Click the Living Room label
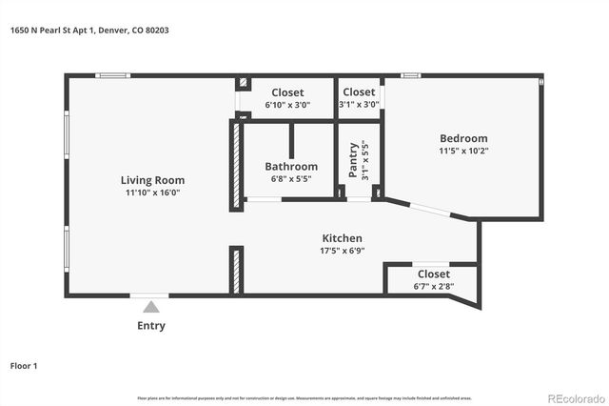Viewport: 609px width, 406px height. [152, 180]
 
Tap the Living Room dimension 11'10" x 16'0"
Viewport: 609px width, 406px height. [152, 193]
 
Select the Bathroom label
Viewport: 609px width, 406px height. [291, 167]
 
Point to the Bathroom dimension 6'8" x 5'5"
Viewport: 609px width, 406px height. [291, 179]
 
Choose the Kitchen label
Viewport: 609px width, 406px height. [342, 238]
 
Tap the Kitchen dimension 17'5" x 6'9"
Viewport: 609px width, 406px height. [342, 251]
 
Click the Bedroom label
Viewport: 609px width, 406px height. [463, 138]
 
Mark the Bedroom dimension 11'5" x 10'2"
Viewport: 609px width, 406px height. [463, 151]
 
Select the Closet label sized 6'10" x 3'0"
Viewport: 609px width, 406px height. [287, 92]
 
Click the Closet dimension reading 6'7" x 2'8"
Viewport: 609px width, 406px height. [433, 286]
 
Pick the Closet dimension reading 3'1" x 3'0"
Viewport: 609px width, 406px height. [359, 105]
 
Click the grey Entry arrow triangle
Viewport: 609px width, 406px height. [150, 307]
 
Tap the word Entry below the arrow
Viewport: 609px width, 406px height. [150, 326]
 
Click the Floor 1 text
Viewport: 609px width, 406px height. [24, 365]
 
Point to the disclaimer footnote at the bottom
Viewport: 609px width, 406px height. [304, 397]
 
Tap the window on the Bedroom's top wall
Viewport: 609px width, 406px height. [411, 75]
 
